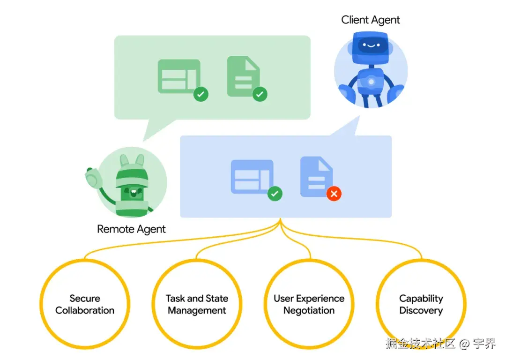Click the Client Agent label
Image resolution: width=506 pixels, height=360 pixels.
371,20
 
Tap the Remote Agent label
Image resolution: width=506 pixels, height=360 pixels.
131,229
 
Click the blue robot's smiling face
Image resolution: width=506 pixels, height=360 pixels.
371,45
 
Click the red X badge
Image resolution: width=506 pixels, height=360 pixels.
334,194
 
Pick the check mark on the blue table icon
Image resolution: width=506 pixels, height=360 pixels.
275,194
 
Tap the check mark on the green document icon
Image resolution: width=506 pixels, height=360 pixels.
260,94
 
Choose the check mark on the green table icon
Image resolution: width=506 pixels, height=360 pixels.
201,94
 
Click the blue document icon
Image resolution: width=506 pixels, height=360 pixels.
316,177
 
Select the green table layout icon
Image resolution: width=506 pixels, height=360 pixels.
179,76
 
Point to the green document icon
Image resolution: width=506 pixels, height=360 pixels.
243,76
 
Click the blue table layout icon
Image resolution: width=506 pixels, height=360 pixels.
252,177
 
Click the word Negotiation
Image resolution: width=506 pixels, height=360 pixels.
309,311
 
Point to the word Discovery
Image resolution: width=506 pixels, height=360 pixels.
421,311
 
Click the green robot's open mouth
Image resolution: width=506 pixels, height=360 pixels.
133,193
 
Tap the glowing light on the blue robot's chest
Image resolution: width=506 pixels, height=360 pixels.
371,82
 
